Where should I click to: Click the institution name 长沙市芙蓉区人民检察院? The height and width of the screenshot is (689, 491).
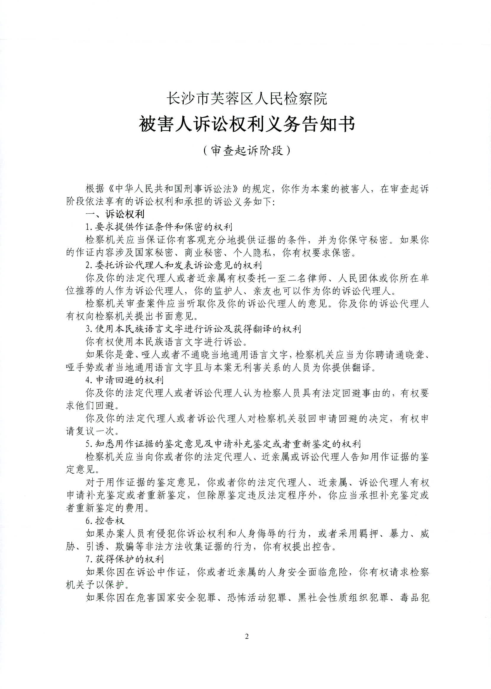247,99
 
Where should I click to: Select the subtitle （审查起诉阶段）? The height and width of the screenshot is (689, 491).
247,150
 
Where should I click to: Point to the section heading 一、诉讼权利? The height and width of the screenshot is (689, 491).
115,214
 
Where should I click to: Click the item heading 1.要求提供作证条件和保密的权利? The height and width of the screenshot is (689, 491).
159,227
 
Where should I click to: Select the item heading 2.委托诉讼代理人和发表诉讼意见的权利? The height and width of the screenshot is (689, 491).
174,265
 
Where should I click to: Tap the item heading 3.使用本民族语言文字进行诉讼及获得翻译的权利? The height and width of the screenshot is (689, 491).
193,329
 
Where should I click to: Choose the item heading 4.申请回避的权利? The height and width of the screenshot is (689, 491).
125,380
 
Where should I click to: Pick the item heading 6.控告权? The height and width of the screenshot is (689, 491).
105,520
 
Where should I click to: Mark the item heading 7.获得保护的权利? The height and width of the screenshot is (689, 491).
125,559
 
